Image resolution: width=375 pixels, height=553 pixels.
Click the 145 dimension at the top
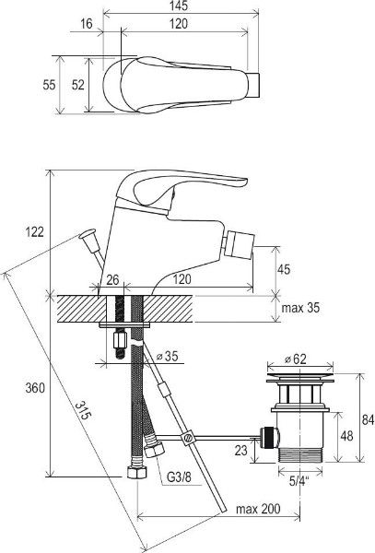[x=179, y=6]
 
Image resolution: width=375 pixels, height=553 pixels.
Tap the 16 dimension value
[x=87, y=24]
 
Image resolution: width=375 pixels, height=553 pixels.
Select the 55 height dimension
[x=49, y=85]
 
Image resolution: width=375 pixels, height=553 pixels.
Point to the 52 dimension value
[x=78, y=85]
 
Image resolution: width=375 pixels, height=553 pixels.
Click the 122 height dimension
[x=35, y=232]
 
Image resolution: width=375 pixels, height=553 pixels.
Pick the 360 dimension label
[x=35, y=388]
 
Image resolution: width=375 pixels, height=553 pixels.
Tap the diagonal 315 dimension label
[x=83, y=410]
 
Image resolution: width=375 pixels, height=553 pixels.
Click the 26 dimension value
[x=112, y=280]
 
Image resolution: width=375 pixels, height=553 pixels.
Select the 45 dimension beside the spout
[x=284, y=269]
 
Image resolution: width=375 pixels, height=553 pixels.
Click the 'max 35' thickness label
[x=300, y=308]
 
